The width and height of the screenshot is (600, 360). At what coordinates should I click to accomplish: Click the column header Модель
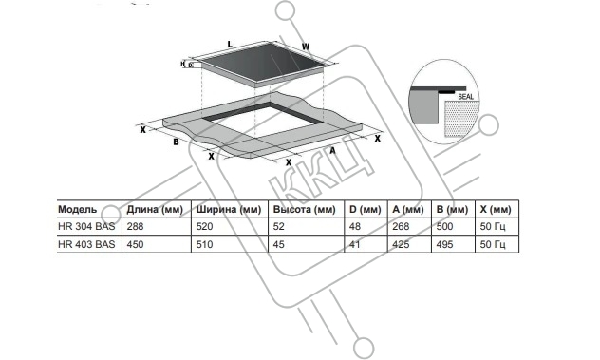tap(77, 210)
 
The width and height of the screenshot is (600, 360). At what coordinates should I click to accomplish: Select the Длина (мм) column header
tap(155, 210)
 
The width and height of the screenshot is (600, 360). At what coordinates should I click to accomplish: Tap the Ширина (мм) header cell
tap(229, 210)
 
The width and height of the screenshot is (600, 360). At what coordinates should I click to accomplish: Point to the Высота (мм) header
tap(304, 210)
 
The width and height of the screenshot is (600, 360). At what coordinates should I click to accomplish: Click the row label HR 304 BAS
tap(86, 227)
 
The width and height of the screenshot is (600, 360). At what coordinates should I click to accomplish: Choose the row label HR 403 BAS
tap(86, 244)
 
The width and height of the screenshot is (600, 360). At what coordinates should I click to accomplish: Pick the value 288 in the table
tap(135, 227)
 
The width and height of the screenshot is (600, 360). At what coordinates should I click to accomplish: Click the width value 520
tap(204, 227)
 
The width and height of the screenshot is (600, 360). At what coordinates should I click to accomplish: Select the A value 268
tap(401, 227)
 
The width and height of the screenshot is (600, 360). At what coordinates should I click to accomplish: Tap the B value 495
tap(444, 244)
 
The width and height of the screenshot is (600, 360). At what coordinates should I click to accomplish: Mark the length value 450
tap(135, 244)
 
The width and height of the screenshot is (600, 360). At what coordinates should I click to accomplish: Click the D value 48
tap(355, 227)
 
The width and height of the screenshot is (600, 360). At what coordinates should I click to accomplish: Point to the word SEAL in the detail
tap(466, 97)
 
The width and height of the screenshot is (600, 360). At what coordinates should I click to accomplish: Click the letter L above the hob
tap(230, 45)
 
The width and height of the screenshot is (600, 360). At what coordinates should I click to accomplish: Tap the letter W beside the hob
tap(306, 47)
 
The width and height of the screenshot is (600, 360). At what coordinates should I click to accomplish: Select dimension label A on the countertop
tap(332, 151)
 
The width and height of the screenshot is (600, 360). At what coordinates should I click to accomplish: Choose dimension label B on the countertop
tap(176, 142)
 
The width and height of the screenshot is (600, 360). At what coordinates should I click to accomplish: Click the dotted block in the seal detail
tap(461, 119)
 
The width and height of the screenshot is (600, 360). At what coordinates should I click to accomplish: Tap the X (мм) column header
tap(496, 210)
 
